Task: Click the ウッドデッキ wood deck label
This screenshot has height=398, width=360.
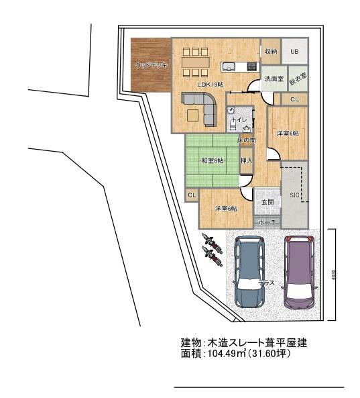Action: [151, 65]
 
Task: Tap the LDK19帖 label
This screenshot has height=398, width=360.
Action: [211, 84]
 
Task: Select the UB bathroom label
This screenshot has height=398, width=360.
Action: [294, 51]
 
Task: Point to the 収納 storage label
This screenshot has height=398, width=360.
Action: [270, 51]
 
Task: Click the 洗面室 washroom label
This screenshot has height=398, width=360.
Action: [274, 79]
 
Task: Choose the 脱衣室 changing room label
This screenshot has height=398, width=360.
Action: [298, 78]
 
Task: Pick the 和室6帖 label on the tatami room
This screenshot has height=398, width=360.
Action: [213, 161]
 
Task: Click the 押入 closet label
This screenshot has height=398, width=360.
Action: [246, 161]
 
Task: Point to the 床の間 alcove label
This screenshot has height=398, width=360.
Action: [246, 140]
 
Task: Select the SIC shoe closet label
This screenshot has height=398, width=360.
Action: [294, 195]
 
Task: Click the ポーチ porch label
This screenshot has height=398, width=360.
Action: [267, 222]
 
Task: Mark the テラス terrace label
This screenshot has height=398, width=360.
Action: [267, 283]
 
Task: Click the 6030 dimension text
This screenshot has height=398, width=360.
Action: [333, 276]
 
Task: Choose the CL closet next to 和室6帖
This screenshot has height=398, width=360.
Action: [192, 195]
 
